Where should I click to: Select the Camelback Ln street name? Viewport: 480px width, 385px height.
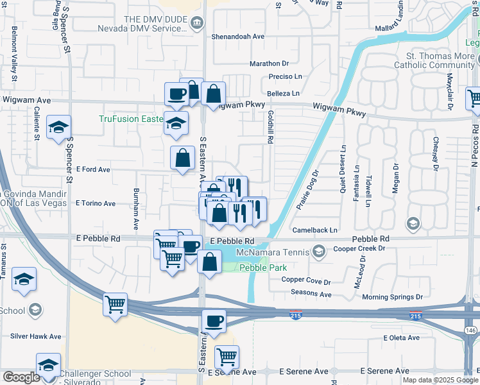point(314,230)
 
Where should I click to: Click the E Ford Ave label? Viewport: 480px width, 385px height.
point(94,169)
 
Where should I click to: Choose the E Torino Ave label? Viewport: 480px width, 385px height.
point(96,203)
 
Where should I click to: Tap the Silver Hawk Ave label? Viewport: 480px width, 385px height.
point(36,336)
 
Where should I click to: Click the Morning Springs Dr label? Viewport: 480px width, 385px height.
point(392,297)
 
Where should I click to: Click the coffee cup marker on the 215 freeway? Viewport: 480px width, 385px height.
point(214,321)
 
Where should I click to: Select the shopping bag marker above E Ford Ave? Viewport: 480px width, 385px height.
point(183,157)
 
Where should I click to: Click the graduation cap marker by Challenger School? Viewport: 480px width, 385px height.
point(48,364)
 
